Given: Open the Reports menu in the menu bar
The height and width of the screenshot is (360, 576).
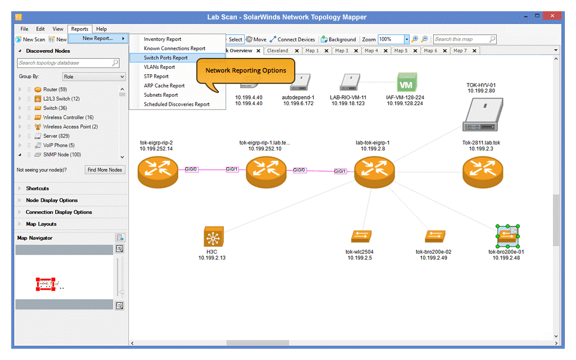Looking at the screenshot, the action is click(x=79, y=29).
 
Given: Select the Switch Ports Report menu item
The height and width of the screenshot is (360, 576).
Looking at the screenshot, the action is click(x=166, y=58).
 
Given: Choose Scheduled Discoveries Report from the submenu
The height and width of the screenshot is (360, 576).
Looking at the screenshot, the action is click(x=177, y=104).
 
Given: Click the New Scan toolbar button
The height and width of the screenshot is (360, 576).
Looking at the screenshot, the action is click(x=30, y=39).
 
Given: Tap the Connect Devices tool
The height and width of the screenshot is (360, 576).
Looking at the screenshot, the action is click(x=292, y=39).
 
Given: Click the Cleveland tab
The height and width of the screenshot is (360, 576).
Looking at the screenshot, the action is click(x=278, y=51).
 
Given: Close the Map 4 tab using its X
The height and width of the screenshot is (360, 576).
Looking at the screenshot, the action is click(x=386, y=51).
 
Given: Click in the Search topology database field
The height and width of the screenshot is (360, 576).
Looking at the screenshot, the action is click(x=65, y=63).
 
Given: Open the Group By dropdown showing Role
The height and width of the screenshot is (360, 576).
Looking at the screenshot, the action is click(x=94, y=76).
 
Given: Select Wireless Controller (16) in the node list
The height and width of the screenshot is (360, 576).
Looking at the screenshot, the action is click(x=68, y=117).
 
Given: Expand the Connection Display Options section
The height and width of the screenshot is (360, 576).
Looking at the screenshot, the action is click(x=58, y=212).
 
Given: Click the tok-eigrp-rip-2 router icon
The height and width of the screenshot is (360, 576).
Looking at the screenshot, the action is click(x=158, y=172).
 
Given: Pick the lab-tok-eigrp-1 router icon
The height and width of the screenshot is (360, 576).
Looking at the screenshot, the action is click(x=374, y=172).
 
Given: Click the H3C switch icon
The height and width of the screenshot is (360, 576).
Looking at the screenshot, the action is click(x=213, y=237).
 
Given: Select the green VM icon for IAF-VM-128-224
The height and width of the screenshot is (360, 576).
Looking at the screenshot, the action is click(x=407, y=82).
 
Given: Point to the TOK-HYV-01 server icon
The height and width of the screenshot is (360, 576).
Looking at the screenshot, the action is click(x=483, y=115).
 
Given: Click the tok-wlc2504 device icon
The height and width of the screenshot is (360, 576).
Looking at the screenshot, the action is click(x=361, y=236).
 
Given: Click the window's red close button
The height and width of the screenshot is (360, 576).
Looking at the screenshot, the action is click(x=552, y=16).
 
